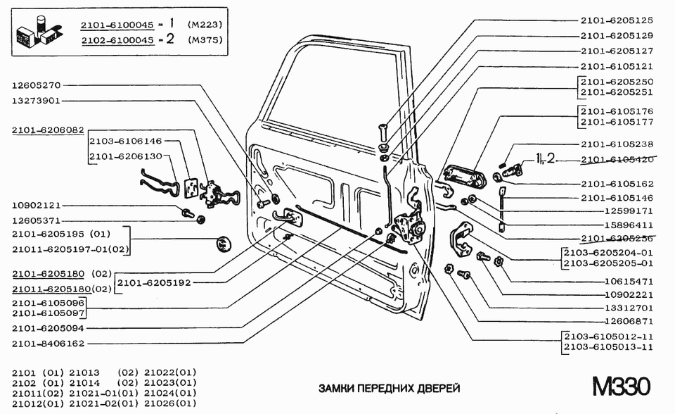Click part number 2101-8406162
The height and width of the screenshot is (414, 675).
(x=48, y=344)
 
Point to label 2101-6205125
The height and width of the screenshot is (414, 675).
(x=617, y=20)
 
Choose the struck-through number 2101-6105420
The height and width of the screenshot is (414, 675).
(x=617, y=159)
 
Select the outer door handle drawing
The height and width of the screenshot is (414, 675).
(x=465, y=175)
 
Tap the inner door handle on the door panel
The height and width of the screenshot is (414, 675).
(x=289, y=214)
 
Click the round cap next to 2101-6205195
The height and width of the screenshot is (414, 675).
(x=223, y=245)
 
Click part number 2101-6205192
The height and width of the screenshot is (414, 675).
(x=153, y=282)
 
